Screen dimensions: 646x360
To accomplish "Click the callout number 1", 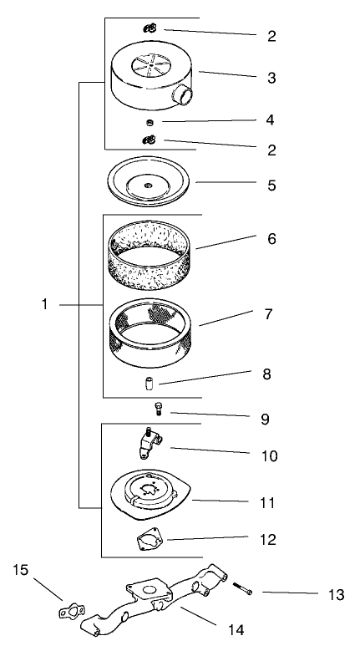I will tap(45, 305).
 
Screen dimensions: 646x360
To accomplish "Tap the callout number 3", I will tap(271, 78).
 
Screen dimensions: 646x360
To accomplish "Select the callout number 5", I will tap(271, 185).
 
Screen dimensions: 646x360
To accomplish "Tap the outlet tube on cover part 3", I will tap(183, 96).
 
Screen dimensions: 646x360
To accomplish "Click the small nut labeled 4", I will tap(150, 122).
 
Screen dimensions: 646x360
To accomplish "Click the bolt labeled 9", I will tap(157, 409).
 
